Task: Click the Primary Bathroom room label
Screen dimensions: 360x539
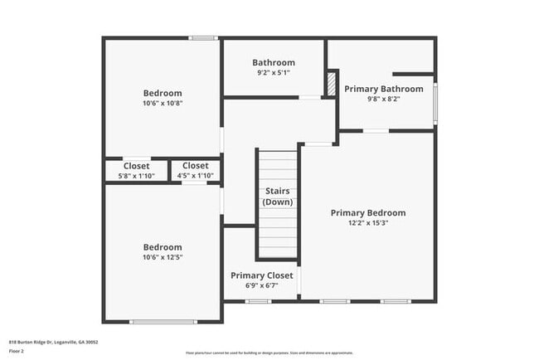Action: tap(383, 89)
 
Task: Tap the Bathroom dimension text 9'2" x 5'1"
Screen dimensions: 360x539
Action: tap(274, 72)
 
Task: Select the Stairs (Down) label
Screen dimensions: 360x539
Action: tap(277, 197)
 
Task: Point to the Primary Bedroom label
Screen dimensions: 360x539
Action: tap(368, 213)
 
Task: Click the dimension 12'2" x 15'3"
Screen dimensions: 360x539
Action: tap(368, 223)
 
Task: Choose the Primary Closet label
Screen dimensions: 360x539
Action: tap(261, 275)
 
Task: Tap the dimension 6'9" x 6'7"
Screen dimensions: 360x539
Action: tap(261, 285)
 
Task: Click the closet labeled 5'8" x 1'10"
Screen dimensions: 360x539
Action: tap(136, 170)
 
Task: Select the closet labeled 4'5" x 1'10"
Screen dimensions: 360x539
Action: tap(196, 170)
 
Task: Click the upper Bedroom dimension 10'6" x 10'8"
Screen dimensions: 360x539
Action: tap(163, 103)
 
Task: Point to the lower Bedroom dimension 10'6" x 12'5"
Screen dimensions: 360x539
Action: tap(163, 257)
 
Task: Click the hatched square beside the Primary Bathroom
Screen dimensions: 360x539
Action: tap(331, 84)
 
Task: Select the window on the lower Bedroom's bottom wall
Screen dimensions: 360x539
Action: tap(163, 322)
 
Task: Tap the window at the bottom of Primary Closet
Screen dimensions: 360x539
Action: tap(258, 301)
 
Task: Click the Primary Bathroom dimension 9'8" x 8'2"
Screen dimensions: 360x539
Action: tap(383, 99)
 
